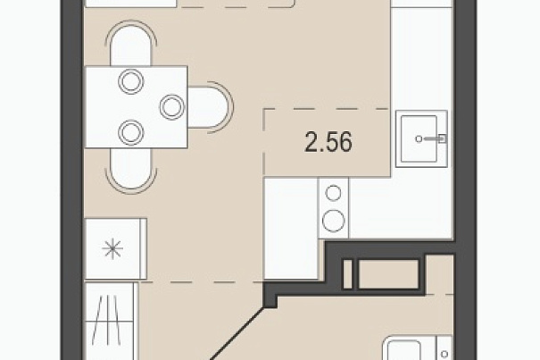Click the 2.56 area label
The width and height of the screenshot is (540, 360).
[x=328, y=142]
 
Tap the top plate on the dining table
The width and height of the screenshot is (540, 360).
[x=131, y=81]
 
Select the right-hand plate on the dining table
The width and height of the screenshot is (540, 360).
[x=172, y=107]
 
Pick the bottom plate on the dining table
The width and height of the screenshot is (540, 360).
[x=131, y=133]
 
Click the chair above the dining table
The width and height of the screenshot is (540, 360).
[x=131, y=43]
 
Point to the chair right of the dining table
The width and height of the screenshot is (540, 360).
[x=210, y=107]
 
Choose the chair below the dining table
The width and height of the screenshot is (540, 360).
[x=131, y=169]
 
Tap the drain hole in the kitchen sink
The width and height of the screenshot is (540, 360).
[x=419, y=139]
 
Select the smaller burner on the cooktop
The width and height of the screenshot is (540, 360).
[x=333, y=193]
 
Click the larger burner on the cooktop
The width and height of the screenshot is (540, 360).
[x=333, y=220]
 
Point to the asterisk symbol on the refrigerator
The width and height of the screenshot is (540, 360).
[x=112, y=248]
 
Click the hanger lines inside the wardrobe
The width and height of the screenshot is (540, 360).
[x=107, y=320]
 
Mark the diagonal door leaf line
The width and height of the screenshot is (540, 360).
[x=237, y=334]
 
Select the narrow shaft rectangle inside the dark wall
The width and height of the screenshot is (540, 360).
[x=348, y=274]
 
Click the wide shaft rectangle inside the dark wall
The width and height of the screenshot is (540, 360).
[x=388, y=274]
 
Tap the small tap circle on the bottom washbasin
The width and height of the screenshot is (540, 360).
[x=444, y=354]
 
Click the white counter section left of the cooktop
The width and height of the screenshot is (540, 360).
[x=291, y=228]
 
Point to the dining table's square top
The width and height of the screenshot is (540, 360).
[x=137, y=107]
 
